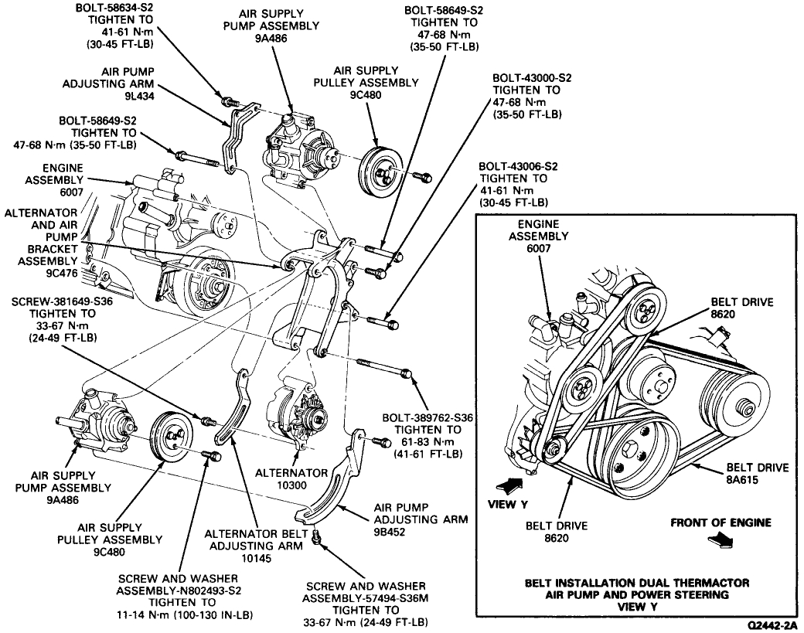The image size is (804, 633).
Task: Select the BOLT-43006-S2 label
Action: (513, 166)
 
